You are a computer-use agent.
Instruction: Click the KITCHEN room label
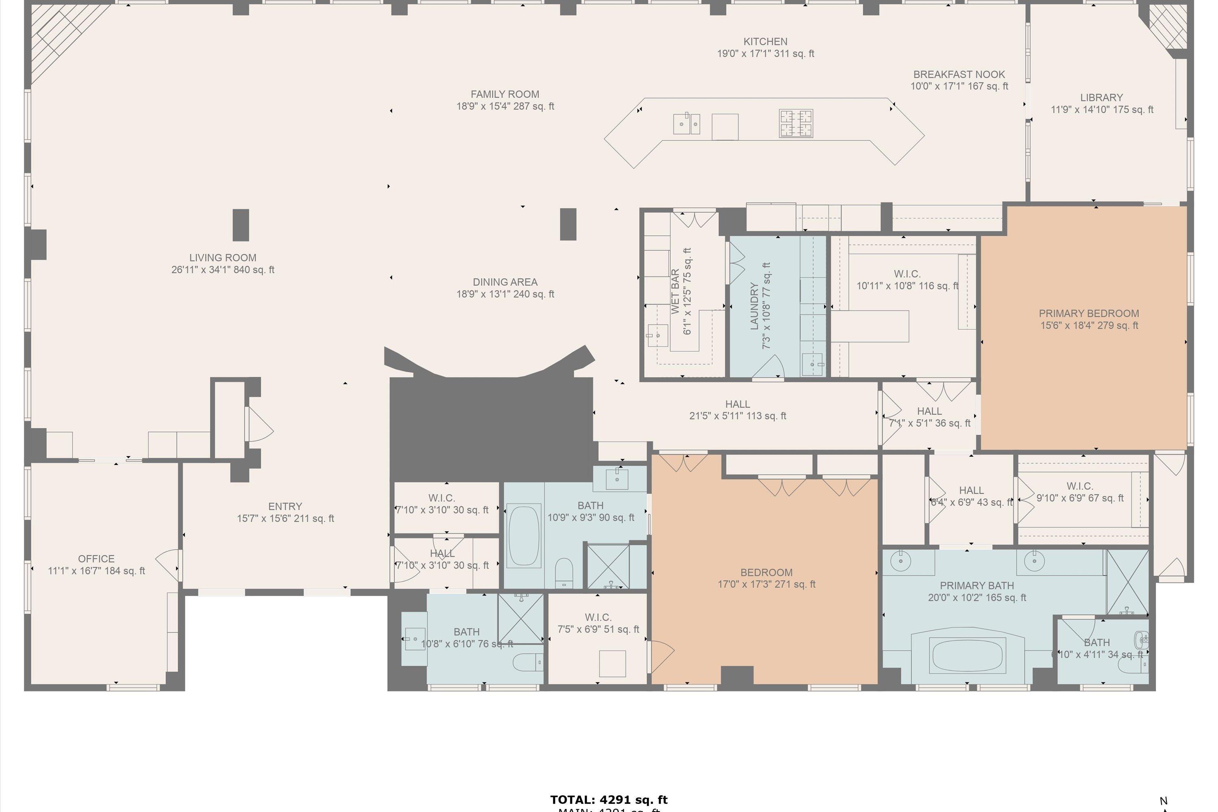(765, 41)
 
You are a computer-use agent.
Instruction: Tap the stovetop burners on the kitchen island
(795, 123)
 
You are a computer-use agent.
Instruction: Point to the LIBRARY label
(1101, 97)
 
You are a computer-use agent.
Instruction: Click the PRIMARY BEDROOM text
(1088, 313)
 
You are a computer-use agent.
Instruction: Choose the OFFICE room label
(96, 559)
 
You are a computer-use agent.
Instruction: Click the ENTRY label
(285, 506)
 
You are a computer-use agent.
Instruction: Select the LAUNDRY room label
(754, 306)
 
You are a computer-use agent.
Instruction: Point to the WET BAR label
(675, 291)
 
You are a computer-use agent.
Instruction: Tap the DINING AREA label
(505, 282)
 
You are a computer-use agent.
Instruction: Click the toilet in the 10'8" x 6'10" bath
(528, 662)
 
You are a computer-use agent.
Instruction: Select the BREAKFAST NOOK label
(959, 75)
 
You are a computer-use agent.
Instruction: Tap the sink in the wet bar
(657, 335)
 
